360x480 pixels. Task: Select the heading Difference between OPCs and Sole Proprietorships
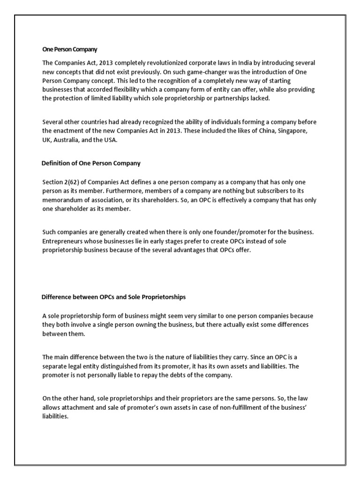113,297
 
